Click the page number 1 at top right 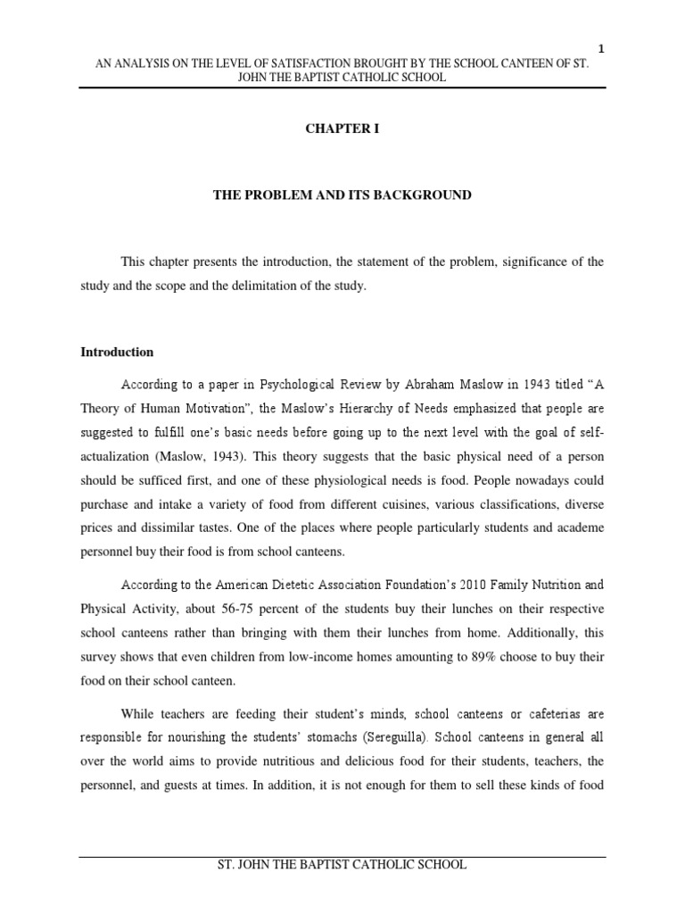pyautogui.click(x=601, y=50)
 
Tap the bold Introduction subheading pyautogui.click(x=117, y=352)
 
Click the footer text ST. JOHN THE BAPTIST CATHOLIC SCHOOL pyautogui.click(x=342, y=865)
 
